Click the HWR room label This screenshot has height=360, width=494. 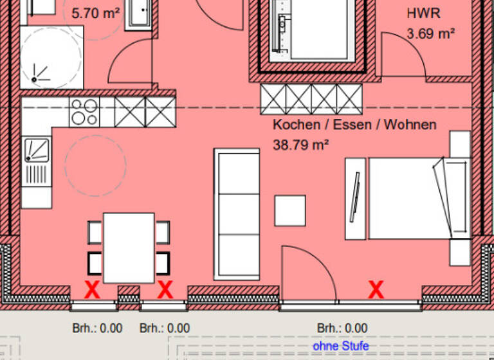pyautogui.click(x=424, y=13)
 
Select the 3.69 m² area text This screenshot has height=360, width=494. pyautogui.click(x=430, y=33)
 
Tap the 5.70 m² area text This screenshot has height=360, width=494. pyautogui.click(x=96, y=13)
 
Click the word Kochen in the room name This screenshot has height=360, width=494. pyautogui.click(x=295, y=125)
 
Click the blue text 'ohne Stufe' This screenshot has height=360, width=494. pyautogui.click(x=341, y=346)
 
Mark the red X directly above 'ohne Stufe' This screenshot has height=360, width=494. pyautogui.click(x=376, y=289)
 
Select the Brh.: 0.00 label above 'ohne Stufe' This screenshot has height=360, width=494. pyautogui.click(x=342, y=328)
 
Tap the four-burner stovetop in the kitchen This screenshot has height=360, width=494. pyautogui.click(x=84, y=112)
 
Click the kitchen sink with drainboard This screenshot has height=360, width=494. pyautogui.click(x=36, y=161)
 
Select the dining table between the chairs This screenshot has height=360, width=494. pyautogui.click(x=129, y=248)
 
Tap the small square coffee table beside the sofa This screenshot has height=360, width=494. pyautogui.click(x=290, y=210)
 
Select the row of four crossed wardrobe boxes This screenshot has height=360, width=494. pyautogui.click(x=311, y=99)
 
